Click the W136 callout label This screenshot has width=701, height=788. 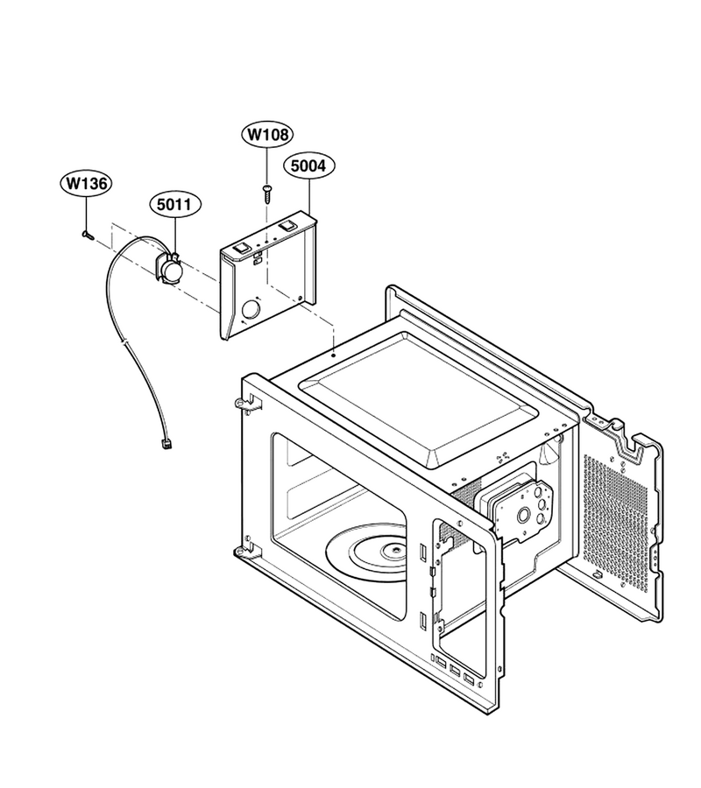pos(86,184)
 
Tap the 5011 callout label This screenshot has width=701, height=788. pos(175,205)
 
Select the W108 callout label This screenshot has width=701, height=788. pos(267,134)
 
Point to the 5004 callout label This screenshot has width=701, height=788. pos(308,165)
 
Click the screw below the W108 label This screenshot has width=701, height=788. pos(266,193)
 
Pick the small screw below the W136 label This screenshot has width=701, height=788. pos(86,234)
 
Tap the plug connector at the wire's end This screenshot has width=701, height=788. pos(164,444)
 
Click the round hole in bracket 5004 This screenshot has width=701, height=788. pos(251,309)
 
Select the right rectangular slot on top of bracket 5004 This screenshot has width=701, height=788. pos(287,224)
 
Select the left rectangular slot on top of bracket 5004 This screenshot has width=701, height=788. pos(243,247)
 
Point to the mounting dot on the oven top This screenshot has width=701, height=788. pos(334,355)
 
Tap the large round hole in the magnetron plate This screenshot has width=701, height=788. pos(523,514)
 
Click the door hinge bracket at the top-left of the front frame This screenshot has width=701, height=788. pos(249,403)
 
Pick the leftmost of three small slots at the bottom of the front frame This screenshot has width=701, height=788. pos(441,663)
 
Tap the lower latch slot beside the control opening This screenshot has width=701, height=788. pos(423,621)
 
